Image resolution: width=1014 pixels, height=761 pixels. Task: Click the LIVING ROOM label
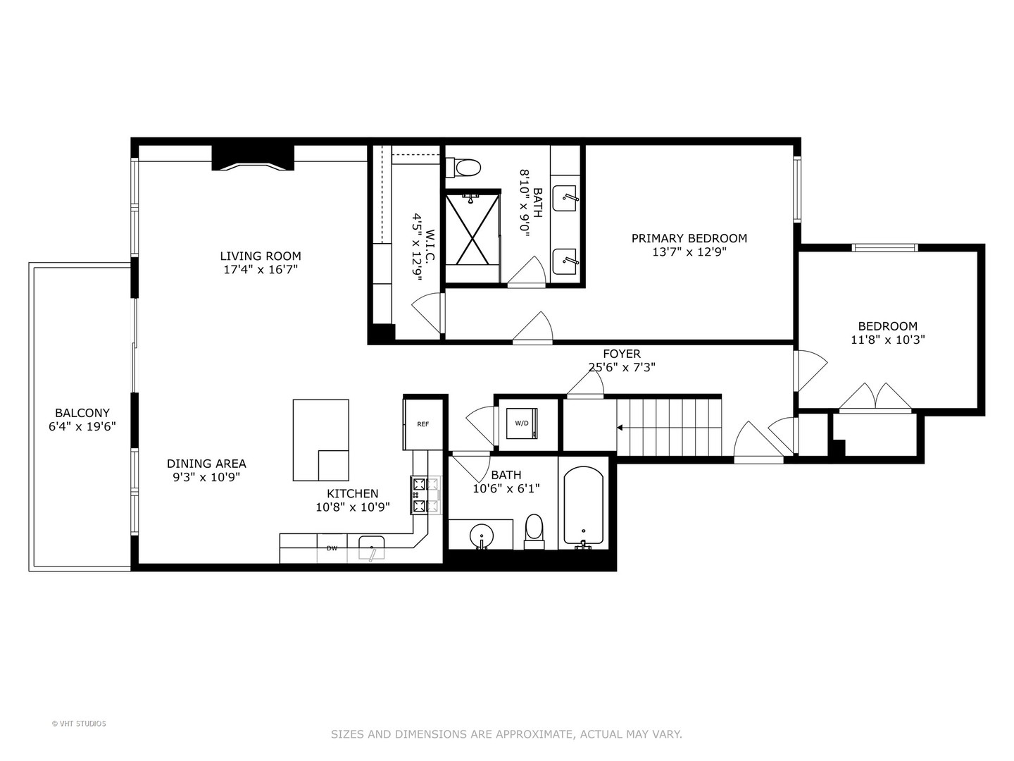point(261,256)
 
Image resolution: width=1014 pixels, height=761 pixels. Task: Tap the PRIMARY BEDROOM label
point(689,238)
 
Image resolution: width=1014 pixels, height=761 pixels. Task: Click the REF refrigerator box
point(423,423)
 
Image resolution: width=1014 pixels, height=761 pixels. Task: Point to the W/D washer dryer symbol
point(522,423)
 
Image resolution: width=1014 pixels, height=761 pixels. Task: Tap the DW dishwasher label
point(332,547)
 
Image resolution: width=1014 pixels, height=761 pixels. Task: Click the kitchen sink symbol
point(371,547)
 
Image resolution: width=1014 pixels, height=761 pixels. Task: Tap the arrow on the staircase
point(620,427)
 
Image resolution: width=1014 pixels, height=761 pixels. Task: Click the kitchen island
point(320,440)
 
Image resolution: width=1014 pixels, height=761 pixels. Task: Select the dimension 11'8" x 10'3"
point(887,340)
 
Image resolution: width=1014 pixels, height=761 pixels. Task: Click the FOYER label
point(622,354)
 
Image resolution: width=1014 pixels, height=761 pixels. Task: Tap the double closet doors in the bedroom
point(875,397)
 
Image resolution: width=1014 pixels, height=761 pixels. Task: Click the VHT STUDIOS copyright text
point(79,724)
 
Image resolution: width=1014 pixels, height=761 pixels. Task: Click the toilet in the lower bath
point(534,530)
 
